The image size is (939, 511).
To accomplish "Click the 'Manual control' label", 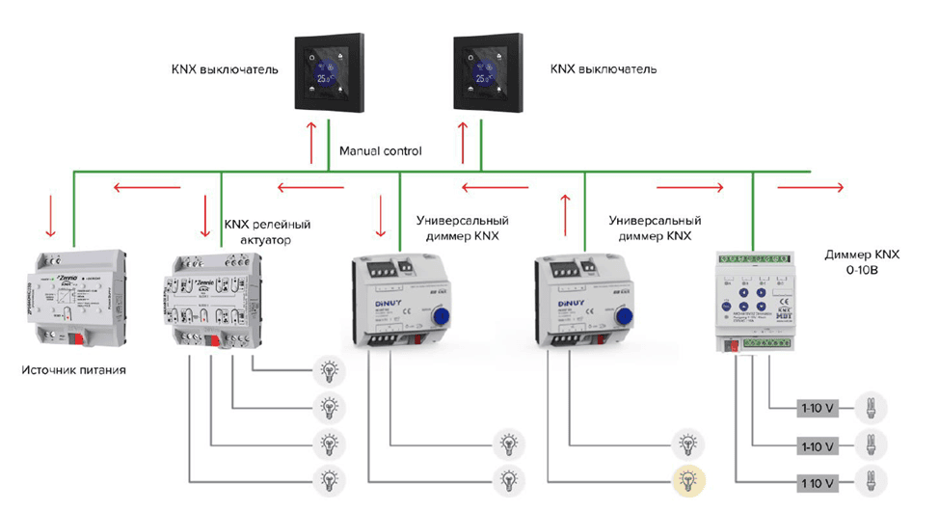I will click(381, 151).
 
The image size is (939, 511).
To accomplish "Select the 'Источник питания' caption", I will click(75, 369).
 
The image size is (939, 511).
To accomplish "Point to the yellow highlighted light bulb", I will click(687, 477).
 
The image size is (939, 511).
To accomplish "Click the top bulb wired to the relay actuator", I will click(330, 367).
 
